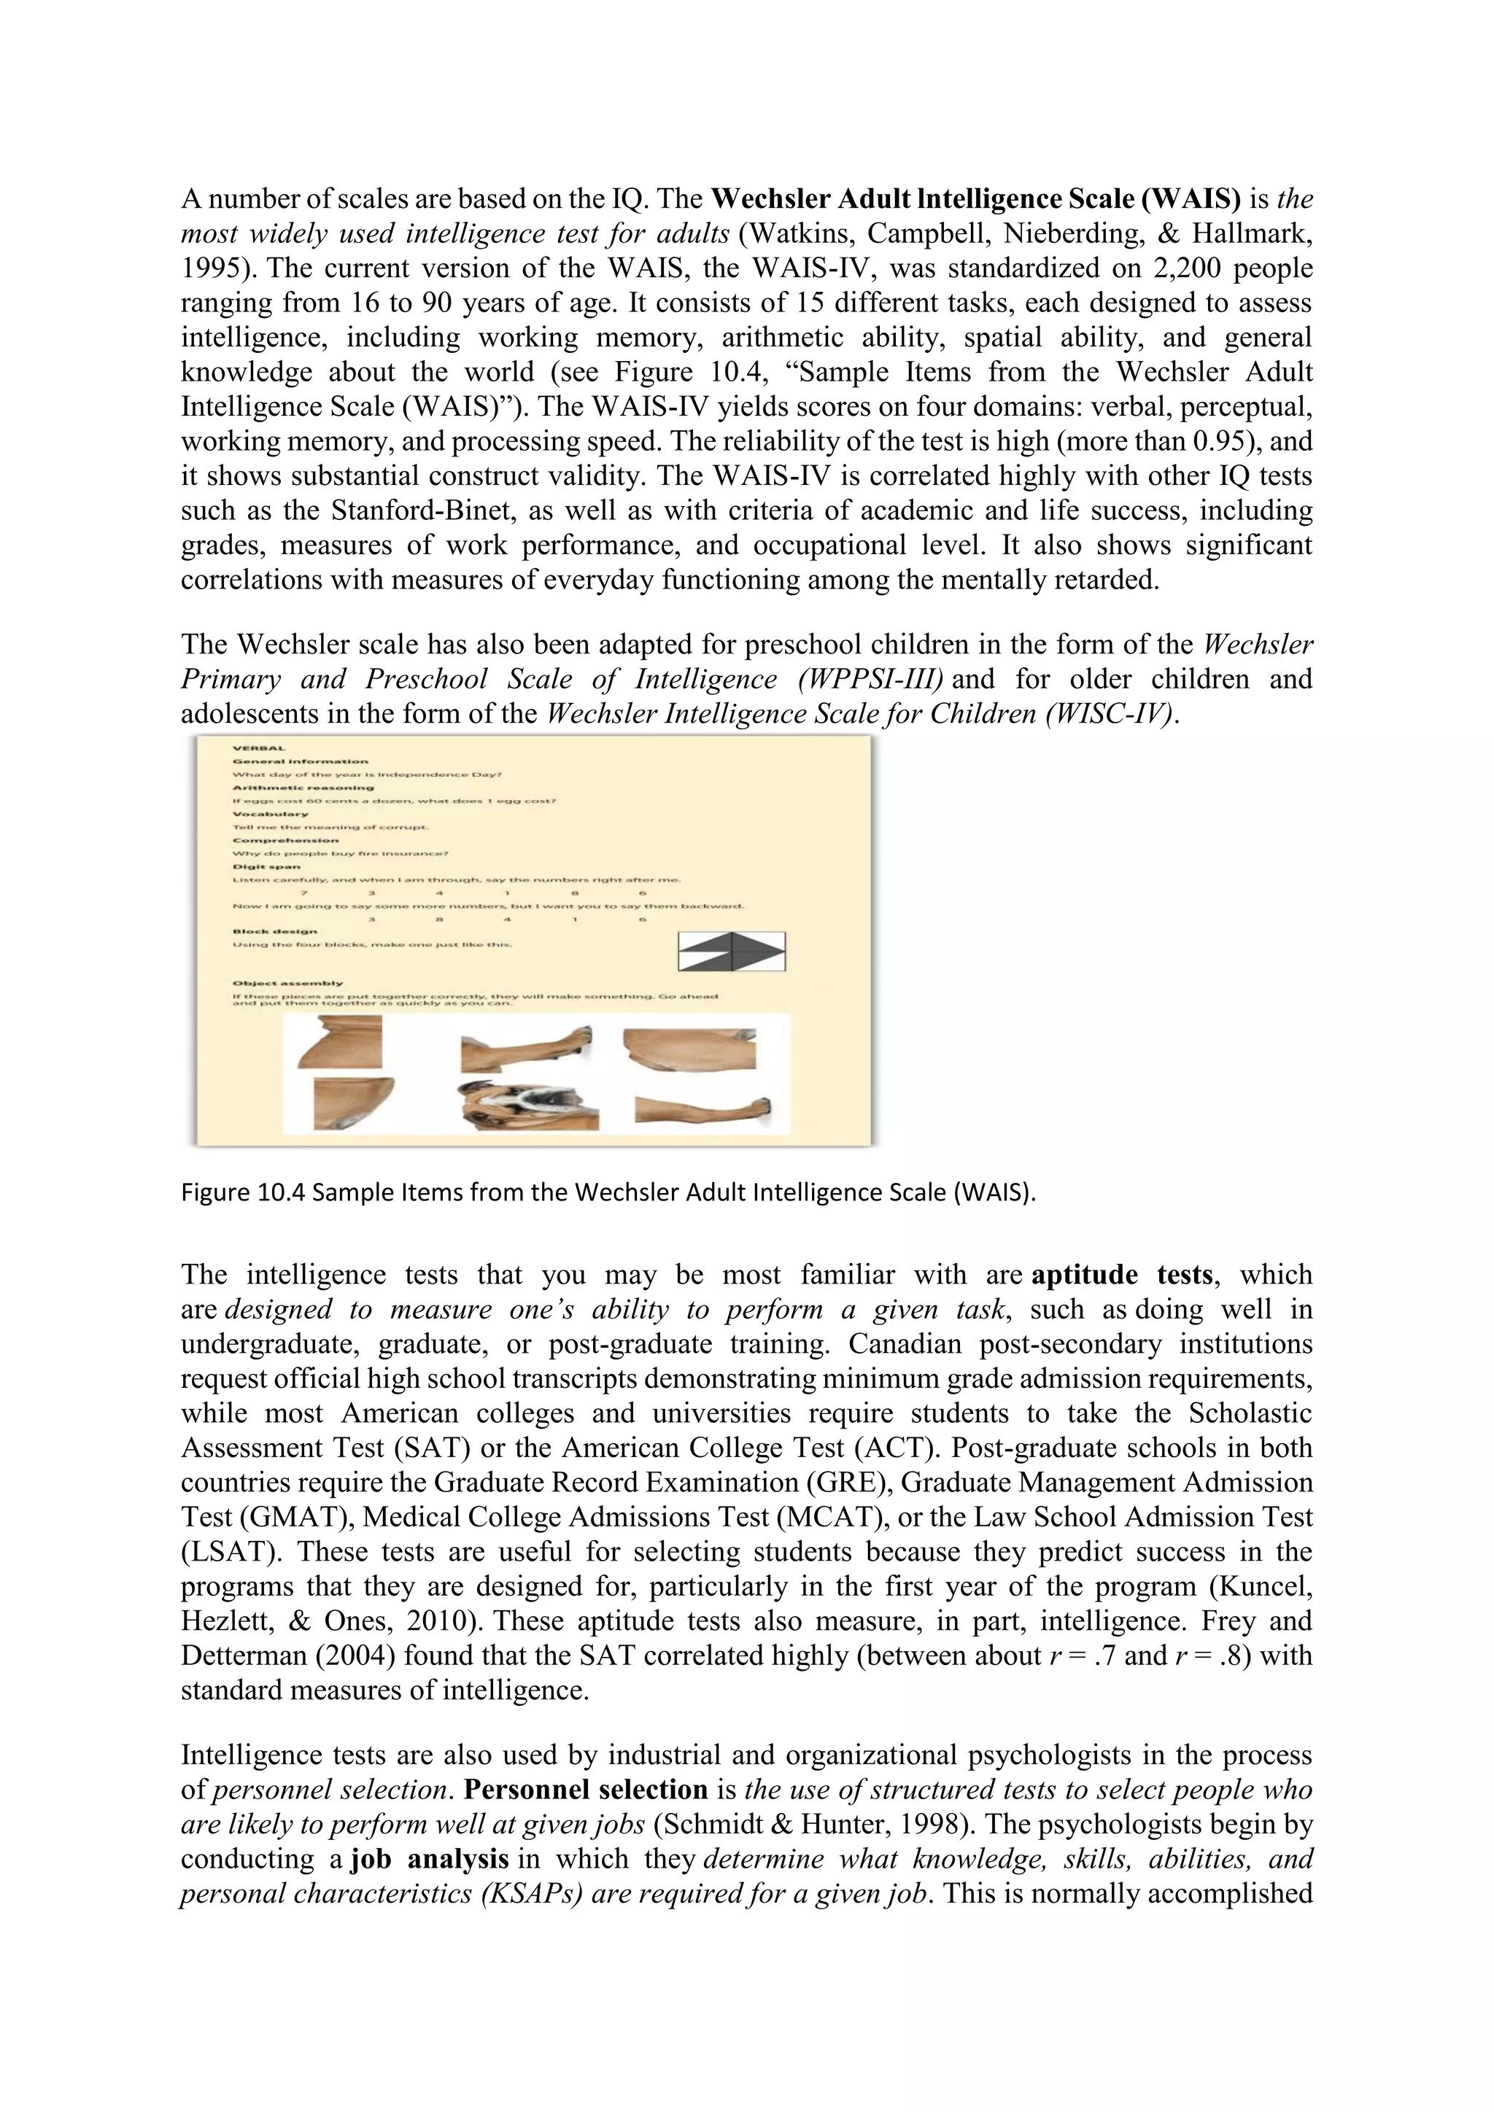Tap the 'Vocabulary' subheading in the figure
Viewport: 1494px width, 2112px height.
click(x=271, y=814)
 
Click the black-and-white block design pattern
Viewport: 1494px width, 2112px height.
click(x=732, y=951)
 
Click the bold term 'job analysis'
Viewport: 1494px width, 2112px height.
click(x=430, y=1859)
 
